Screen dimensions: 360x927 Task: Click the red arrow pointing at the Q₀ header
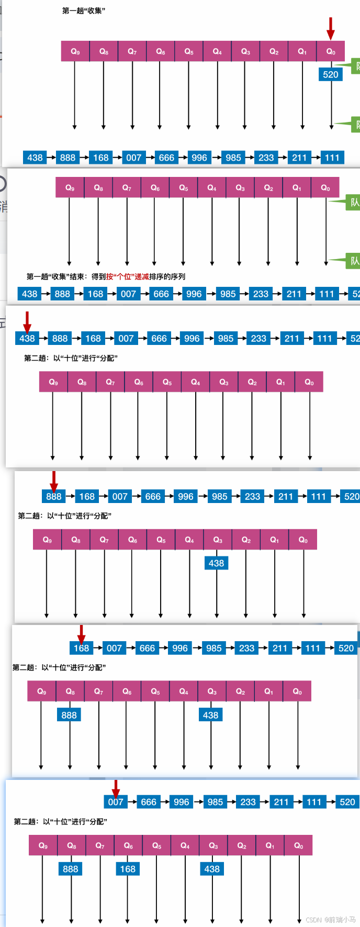pos(330,28)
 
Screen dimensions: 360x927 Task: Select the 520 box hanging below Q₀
pos(331,74)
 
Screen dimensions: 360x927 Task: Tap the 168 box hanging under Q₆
pos(128,869)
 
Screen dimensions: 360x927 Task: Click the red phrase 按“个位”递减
pos(128,276)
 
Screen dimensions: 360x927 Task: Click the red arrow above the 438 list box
pos(27,320)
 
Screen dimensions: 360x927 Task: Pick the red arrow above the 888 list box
pos(53,479)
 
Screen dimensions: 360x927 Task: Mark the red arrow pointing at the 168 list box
pos(81,632)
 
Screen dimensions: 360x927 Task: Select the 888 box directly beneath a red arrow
pos(53,496)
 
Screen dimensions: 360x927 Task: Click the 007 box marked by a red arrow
pos(116,802)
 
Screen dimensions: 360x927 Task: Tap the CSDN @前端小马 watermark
pos(330,919)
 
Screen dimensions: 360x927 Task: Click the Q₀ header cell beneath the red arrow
pos(331,51)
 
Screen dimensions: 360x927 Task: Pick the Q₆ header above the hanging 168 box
pos(128,845)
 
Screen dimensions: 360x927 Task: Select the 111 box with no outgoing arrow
pos(332,158)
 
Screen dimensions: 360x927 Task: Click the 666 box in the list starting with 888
pos(153,496)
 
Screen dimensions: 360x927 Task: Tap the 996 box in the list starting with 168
pos(180,648)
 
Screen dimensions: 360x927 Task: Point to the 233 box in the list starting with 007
pos(248,802)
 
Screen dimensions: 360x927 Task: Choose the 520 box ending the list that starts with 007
pos(347,802)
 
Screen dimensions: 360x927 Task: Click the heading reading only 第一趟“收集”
pos(84,10)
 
